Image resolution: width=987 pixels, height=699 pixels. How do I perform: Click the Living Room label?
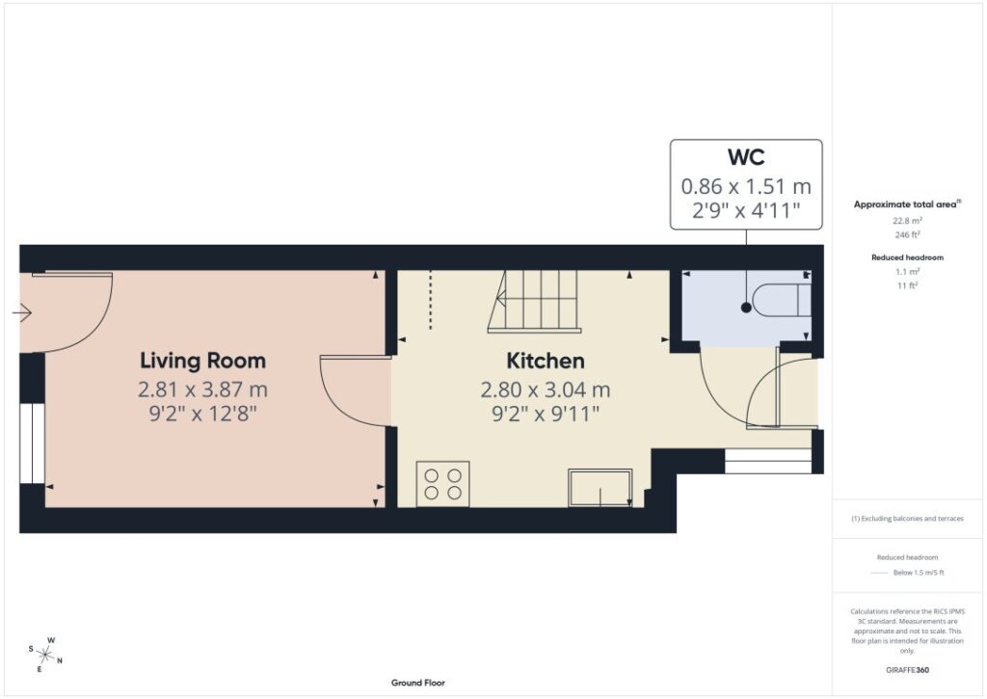pyautogui.click(x=202, y=361)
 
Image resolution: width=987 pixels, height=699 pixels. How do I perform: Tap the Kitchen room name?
pyautogui.click(x=546, y=361)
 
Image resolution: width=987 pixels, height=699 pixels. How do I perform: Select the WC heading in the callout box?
pyautogui.click(x=746, y=157)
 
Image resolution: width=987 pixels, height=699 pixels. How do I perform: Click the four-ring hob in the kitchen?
pyautogui.click(x=442, y=484)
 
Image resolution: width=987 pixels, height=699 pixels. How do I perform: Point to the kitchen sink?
pyautogui.click(x=600, y=488)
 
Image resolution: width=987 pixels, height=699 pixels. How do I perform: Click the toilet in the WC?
pyautogui.click(x=780, y=301)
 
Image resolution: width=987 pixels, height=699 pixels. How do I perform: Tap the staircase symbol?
pyautogui.click(x=534, y=301)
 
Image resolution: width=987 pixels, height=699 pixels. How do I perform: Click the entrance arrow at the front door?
pyautogui.click(x=22, y=312)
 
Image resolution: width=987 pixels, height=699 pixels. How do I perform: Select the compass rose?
pyautogui.click(x=45, y=655)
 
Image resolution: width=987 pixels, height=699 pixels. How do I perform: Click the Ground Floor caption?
pyautogui.click(x=418, y=683)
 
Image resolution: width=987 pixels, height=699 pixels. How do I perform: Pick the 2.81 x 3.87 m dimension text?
pyautogui.click(x=202, y=390)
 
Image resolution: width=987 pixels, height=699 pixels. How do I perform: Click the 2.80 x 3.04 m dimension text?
pyautogui.click(x=546, y=390)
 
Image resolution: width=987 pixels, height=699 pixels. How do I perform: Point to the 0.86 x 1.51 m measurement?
pyautogui.click(x=746, y=186)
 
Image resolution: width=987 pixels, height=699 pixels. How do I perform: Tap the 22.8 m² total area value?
pyautogui.click(x=907, y=221)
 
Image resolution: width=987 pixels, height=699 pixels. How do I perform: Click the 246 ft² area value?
pyautogui.click(x=907, y=235)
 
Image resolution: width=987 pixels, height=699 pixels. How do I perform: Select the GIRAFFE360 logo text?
pyautogui.click(x=907, y=670)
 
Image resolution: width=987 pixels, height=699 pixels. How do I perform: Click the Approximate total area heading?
pyautogui.click(x=907, y=204)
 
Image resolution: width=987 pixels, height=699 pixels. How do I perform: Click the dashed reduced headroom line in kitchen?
pyautogui.click(x=431, y=300)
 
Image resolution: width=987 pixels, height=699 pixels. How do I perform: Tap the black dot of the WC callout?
pyautogui.click(x=746, y=308)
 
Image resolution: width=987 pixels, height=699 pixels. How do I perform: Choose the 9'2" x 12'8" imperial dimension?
pyautogui.click(x=202, y=415)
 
